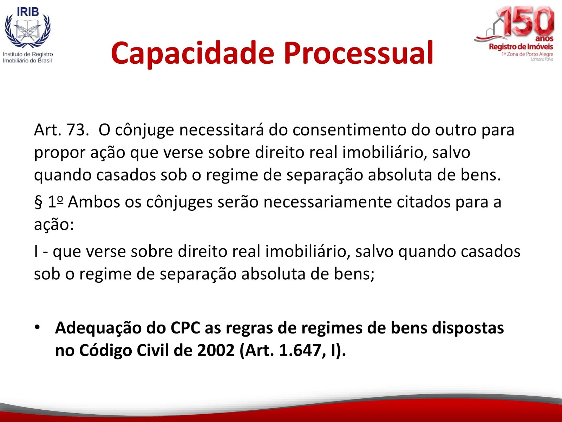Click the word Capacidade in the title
pyautogui.click(x=192, y=53)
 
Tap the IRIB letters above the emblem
pyautogui.click(x=28, y=12)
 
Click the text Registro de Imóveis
pyautogui.click(x=521, y=47)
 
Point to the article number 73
pyautogui.click(x=76, y=130)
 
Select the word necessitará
pyautogui.click(x=221, y=130)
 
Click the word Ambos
pyautogui.click(x=94, y=202)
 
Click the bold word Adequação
pyautogui.click(x=98, y=328)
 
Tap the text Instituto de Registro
pyautogui.click(x=28, y=54)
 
